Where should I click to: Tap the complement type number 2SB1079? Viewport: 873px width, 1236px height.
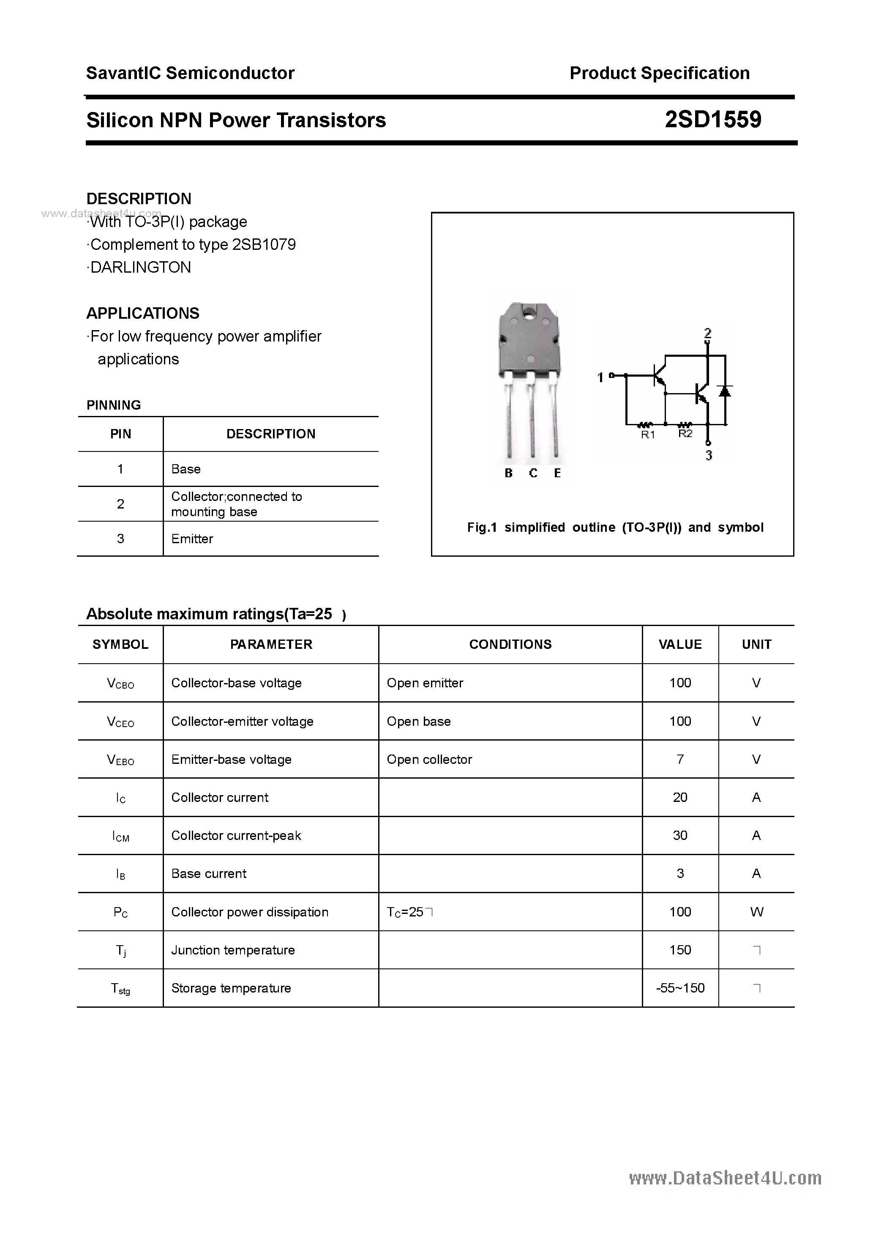coord(264,244)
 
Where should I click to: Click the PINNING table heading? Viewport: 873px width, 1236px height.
coord(114,405)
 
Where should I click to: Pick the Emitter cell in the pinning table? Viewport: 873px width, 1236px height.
coord(192,539)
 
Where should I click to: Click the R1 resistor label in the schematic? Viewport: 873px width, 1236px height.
coord(647,435)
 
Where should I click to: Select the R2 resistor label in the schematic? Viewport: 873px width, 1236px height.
coord(685,433)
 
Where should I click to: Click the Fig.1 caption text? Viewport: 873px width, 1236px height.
coord(615,527)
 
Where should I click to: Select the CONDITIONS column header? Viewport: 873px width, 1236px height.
coord(510,644)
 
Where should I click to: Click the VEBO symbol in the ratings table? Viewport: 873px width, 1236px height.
coord(120,760)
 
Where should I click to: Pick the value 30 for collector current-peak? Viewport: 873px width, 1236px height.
coord(680,836)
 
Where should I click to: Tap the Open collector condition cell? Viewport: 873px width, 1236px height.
coord(429,759)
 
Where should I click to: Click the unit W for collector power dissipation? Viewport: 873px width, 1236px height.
coord(756,911)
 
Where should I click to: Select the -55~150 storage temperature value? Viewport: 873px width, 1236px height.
coord(680,988)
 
